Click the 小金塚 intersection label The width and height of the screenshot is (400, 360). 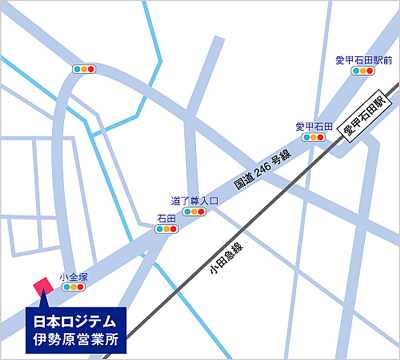click(x=74, y=274)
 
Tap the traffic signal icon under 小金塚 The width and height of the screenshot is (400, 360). click(x=74, y=286)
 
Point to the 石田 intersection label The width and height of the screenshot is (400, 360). click(x=166, y=217)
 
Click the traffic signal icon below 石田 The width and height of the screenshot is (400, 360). click(x=166, y=229)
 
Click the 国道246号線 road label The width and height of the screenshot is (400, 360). click(x=262, y=168)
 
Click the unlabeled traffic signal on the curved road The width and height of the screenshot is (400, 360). click(x=83, y=70)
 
